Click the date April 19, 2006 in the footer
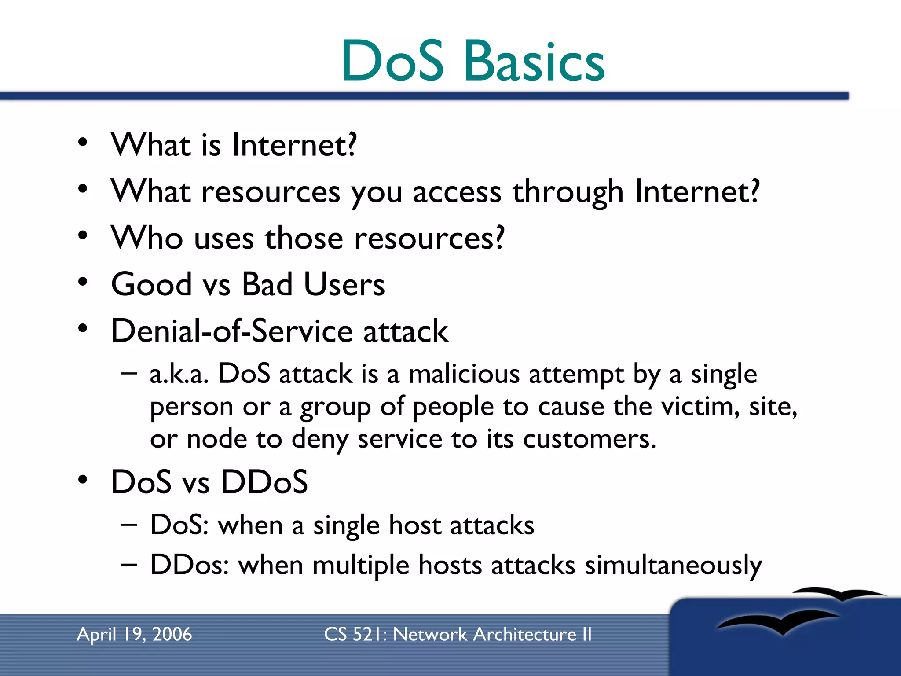click(134, 634)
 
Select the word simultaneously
click(673, 565)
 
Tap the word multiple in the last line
click(361, 565)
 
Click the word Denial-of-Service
click(231, 331)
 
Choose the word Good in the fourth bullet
click(151, 284)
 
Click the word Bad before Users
click(267, 284)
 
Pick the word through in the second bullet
click(568, 192)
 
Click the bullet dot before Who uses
click(83, 235)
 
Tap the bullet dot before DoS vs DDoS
click(83, 480)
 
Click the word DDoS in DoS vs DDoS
click(264, 482)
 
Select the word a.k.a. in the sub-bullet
click(179, 375)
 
